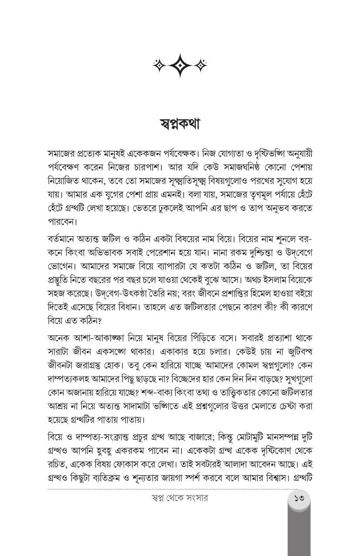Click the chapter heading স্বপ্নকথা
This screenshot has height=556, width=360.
click(x=180, y=124)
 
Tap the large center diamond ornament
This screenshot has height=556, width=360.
click(x=180, y=65)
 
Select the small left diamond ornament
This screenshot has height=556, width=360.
click(x=159, y=65)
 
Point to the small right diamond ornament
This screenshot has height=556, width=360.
click(x=201, y=65)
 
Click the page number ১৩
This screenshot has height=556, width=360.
click(x=299, y=498)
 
